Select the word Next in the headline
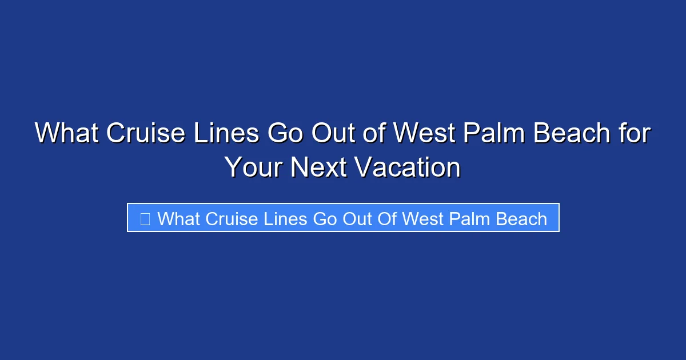tap(318, 167)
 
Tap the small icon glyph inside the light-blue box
tap(145, 218)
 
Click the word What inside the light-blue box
tap(178, 218)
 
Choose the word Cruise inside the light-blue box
tap(232, 218)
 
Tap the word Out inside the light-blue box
tap(357, 218)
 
